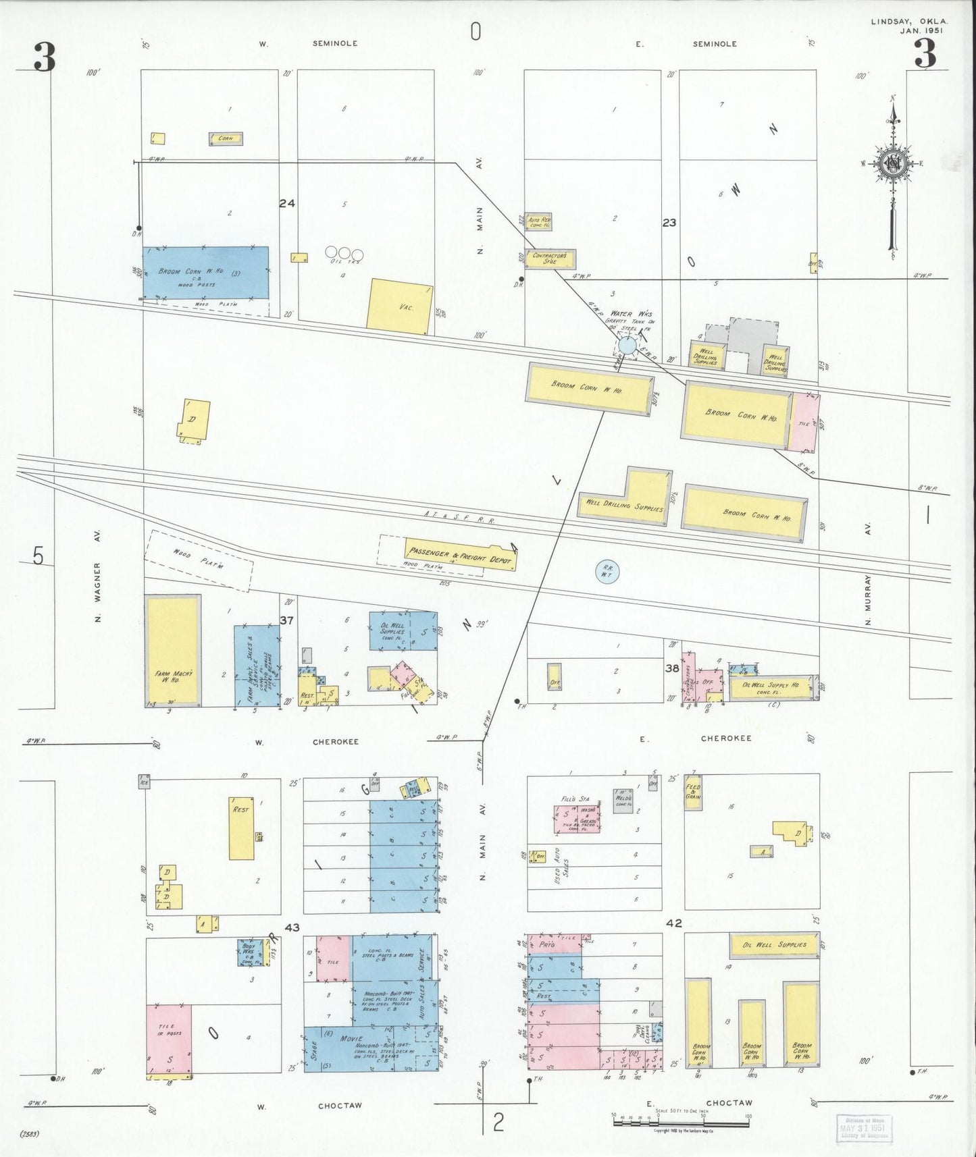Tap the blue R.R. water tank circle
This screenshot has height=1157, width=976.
click(607, 572)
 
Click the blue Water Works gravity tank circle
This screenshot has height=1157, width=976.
click(627, 346)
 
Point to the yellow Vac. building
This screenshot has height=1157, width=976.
click(399, 306)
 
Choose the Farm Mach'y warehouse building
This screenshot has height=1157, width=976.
click(173, 651)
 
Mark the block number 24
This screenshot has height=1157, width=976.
click(287, 203)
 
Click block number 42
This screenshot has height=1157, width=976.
click(673, 923)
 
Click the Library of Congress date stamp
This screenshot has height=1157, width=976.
click(863, 1127)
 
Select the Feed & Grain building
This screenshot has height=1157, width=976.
click(693, 792)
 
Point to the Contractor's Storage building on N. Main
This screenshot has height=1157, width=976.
click(550, 259)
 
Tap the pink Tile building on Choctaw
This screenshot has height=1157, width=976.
click(169, 1039)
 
